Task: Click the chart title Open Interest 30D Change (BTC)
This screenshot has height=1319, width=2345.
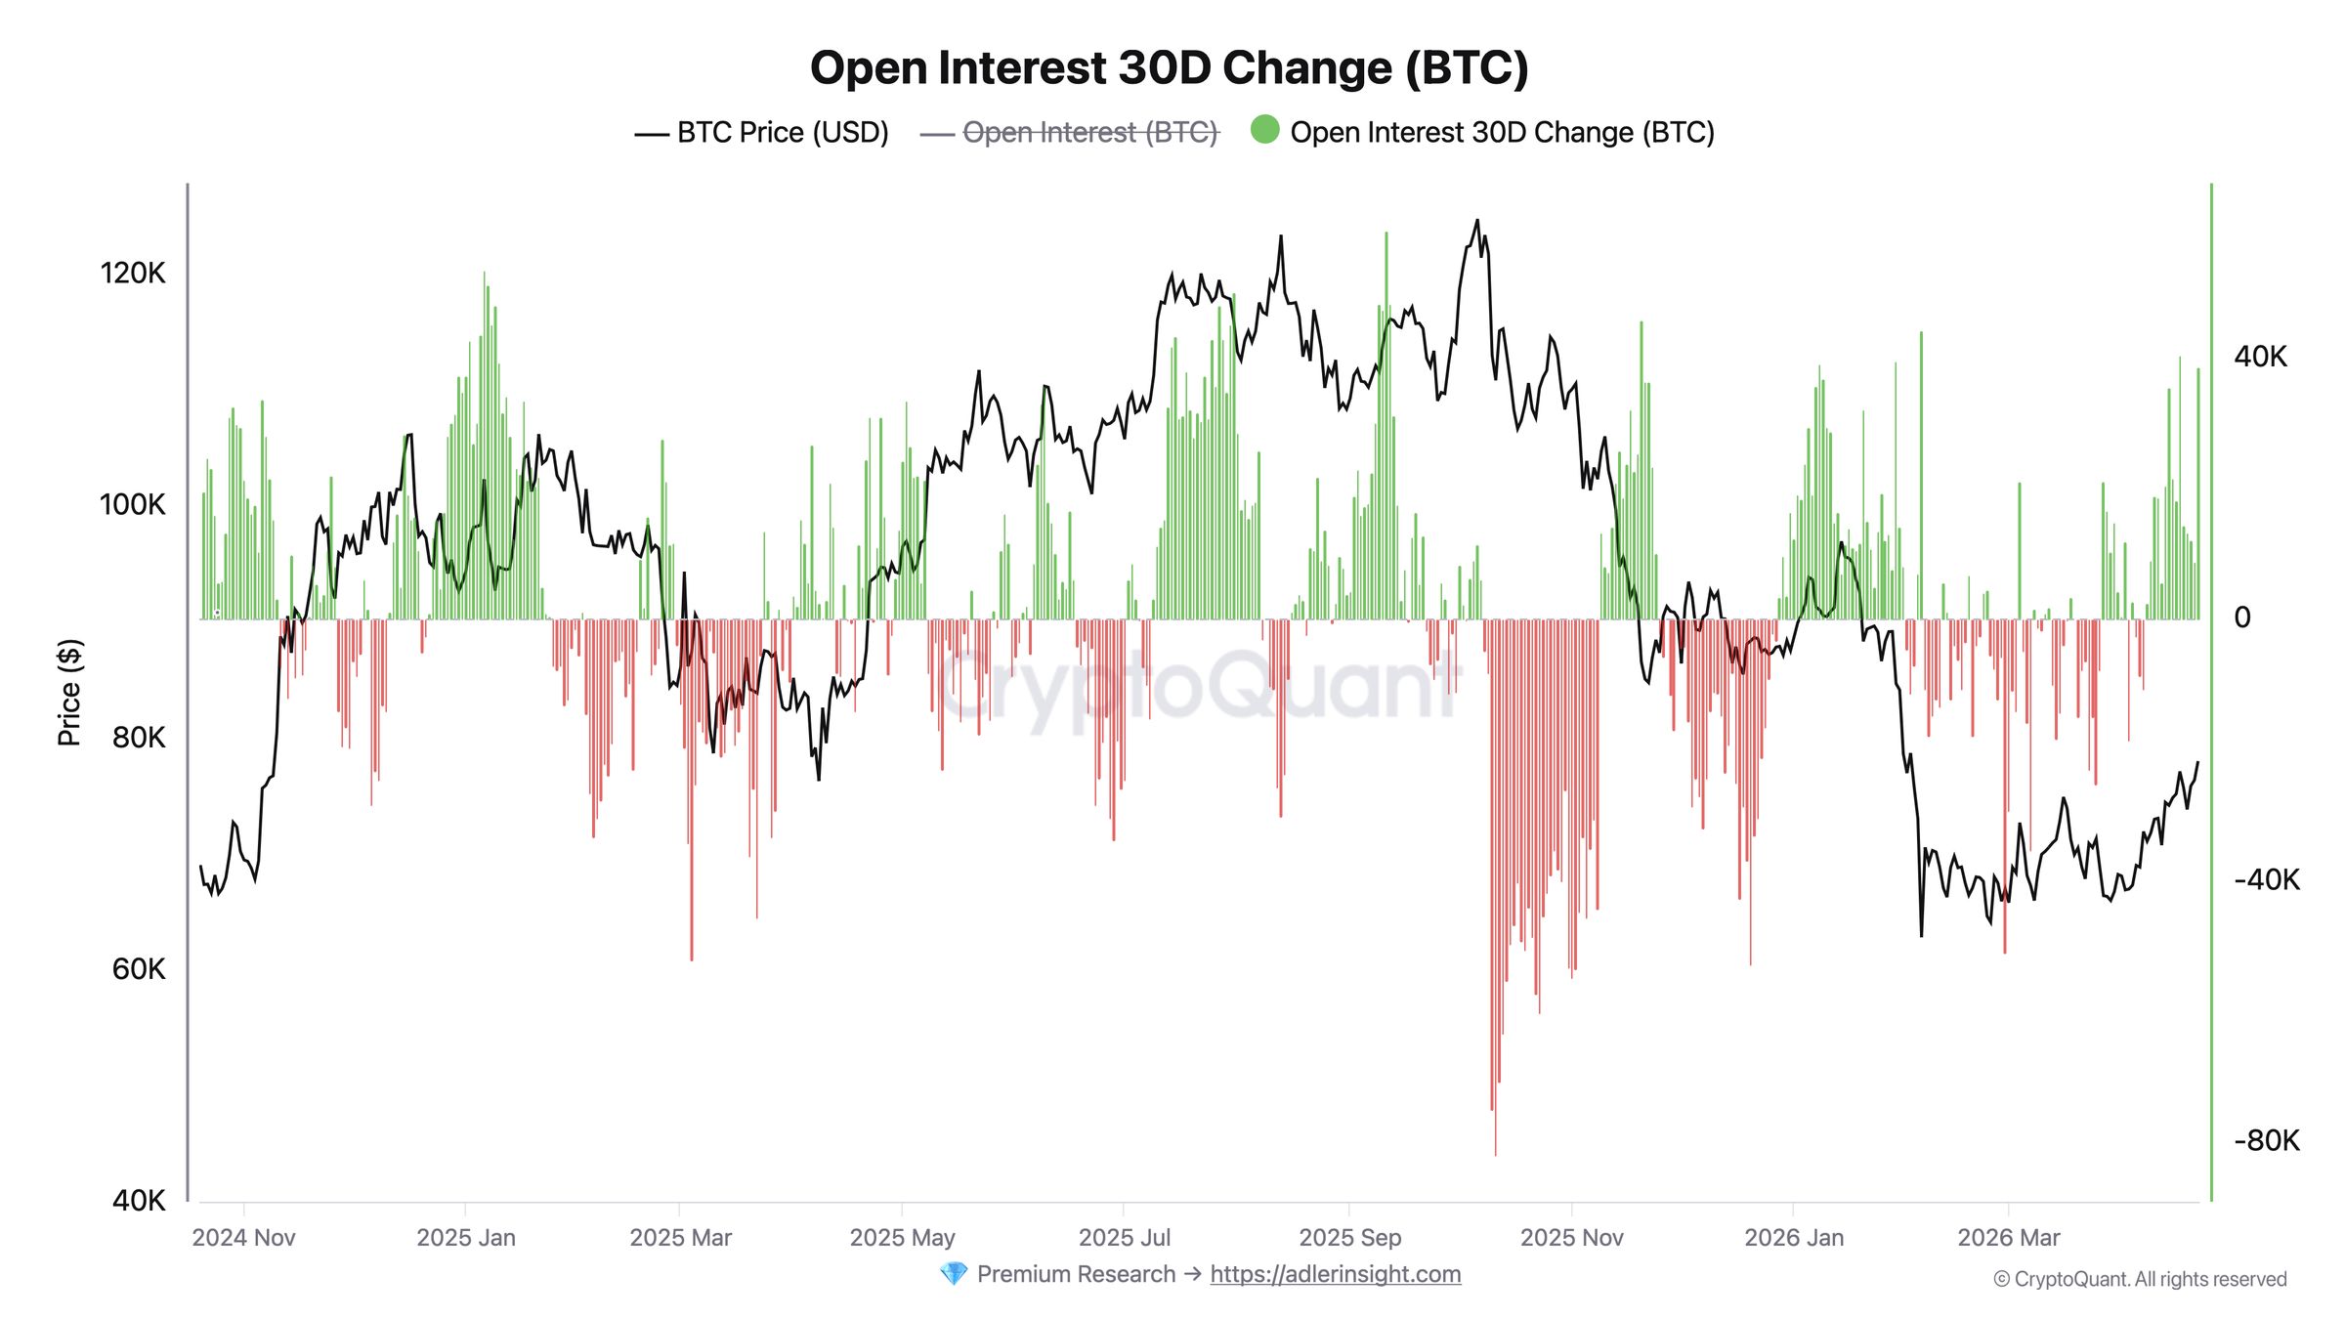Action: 1169,68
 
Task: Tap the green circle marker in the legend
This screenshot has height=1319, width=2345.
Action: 1264,130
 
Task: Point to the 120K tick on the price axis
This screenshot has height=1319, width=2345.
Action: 133,274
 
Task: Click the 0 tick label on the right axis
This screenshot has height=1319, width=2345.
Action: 2242,617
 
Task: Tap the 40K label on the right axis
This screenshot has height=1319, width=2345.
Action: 2261,357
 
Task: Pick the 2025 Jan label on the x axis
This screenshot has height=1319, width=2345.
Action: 466,1238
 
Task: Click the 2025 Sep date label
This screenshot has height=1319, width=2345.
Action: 1349,1238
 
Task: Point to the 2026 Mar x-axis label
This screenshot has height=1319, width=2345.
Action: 2008,1238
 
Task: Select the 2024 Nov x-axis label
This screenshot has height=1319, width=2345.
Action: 243,1238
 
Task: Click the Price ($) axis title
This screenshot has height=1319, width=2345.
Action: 69,693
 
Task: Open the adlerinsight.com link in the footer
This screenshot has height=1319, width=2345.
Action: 1335,1274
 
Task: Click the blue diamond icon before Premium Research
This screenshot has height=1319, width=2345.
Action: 953,1274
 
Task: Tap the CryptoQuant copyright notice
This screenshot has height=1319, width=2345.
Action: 2140,1280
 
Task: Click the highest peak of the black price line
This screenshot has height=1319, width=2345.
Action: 1476,221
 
